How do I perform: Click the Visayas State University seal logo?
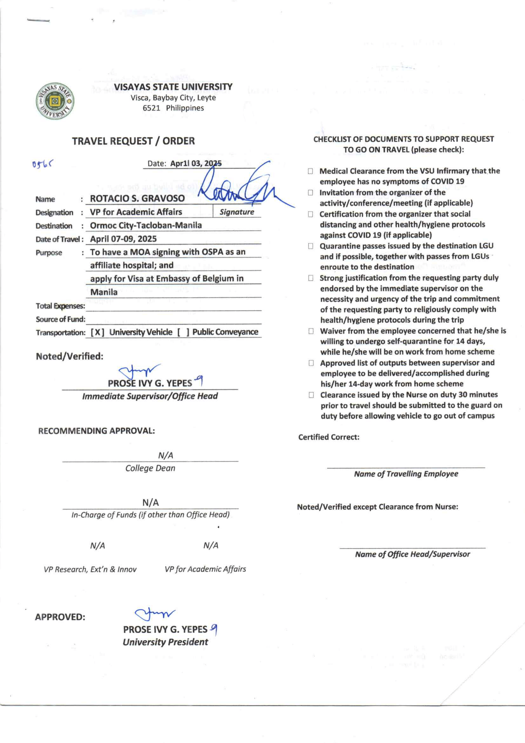pyautogui.click(x=55, y=101)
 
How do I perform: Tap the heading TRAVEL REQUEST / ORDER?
pyautogui.click(x=133, y=141)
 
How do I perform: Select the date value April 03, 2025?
pyautogui.click(x=196, y=163)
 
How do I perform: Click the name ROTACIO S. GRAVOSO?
pyautogui.click(x=137, y=198)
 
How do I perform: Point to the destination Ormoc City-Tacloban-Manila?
pyautogui.click(x=146, y=225)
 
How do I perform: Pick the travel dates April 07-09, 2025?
pyautogui.click(x=123, y=239)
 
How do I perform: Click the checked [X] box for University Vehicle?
pyautogui.click(x=97, y=332)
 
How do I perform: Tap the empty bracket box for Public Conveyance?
pyautogui.click(x=183, y=332)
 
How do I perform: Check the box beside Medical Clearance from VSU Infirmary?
pyautogui.click(x=310, y=171)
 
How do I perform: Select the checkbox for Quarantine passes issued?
pyautogui.click(x=311, y=246)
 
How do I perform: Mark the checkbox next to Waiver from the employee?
pyautogui.click(x=311, y=331)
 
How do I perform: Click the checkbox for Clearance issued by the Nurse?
pyautogui.click(x=311, y=395)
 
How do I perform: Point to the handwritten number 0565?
pyautogui.click(x=43, y=164)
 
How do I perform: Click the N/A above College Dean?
pyautogui.click(x=165, y=456)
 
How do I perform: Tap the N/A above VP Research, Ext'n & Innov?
pyautogui.click(x=97, y=546)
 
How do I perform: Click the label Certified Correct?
pyautogui.click(x=328, y=437)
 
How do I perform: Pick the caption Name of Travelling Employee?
pyautogui.click(x=406, y=474)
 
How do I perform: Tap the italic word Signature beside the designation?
pyautogui.click(x=237, y=212)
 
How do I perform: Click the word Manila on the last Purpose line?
pyautogui.click(x=104, y=292)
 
